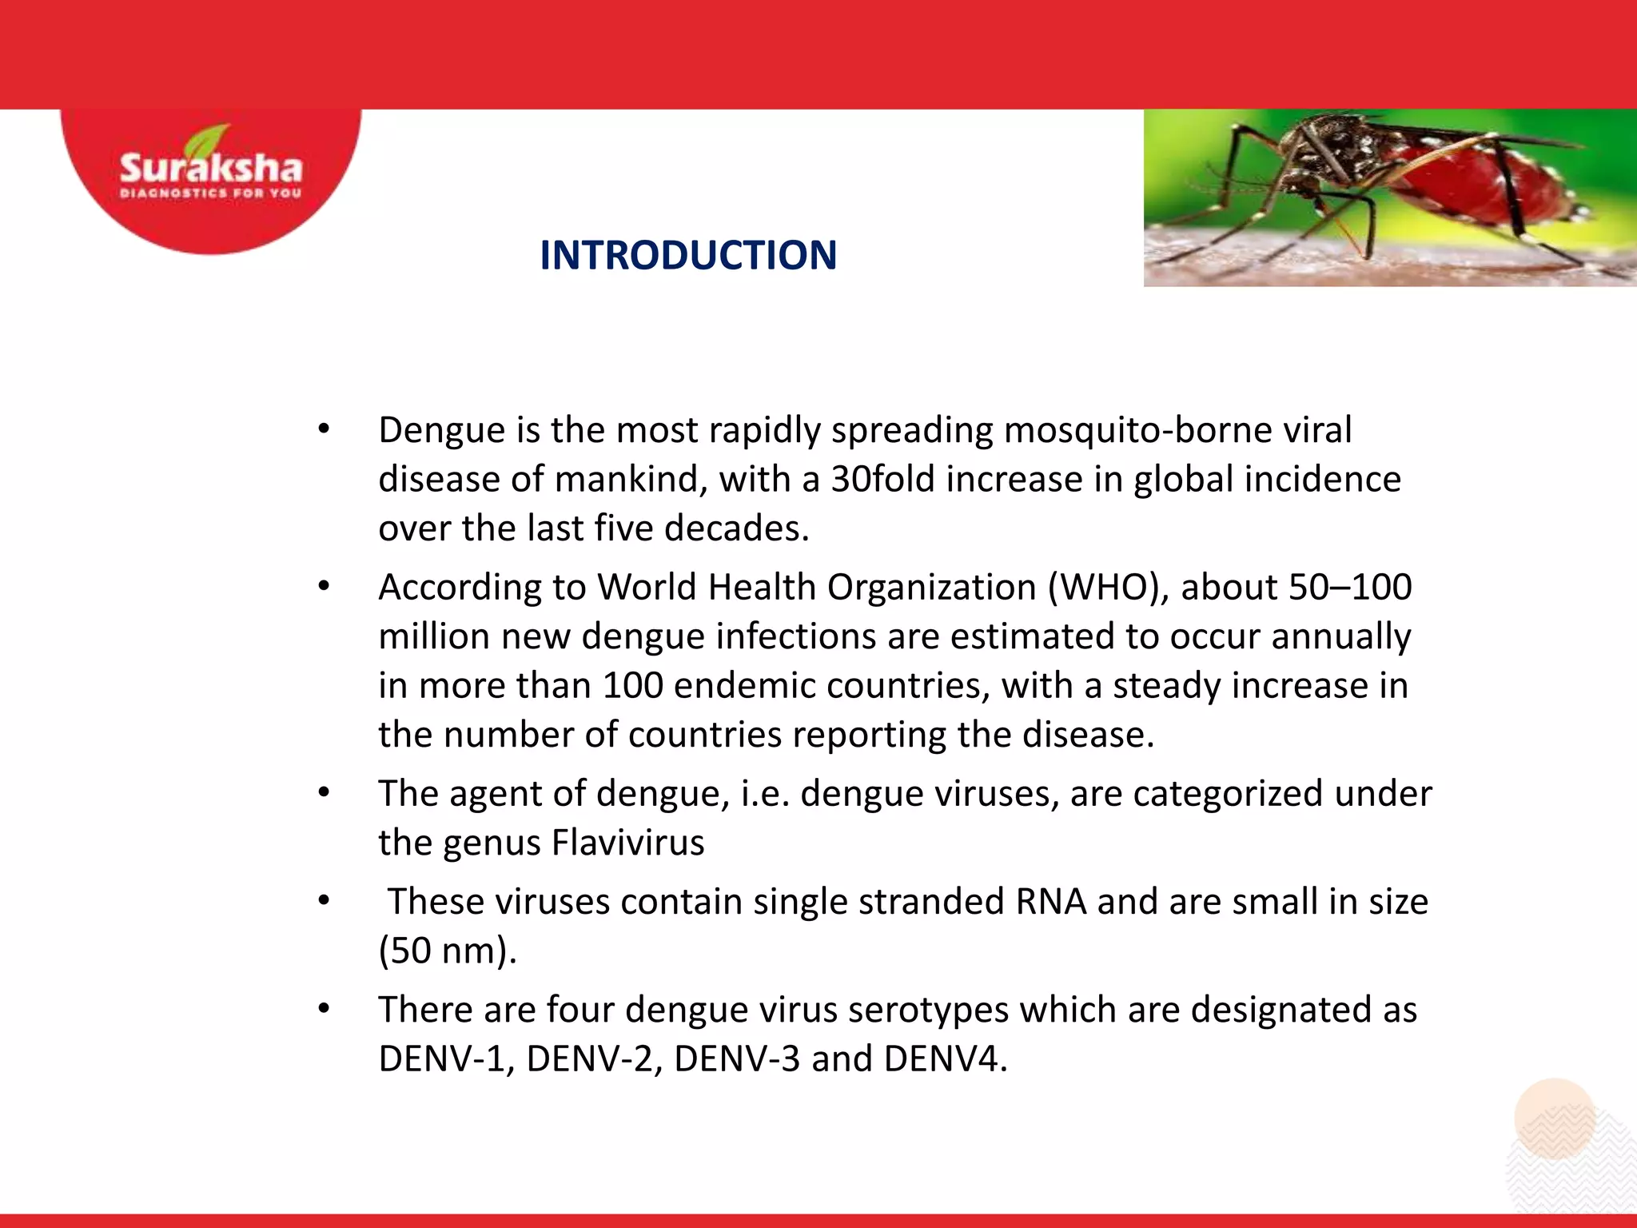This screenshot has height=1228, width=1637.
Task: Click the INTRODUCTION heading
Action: tap(688, 256)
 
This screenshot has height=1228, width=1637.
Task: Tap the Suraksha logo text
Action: tap(211, 169)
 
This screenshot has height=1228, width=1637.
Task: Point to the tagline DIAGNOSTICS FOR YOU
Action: tap(211, 193)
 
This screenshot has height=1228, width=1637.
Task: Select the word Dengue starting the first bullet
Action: tap(442, 430)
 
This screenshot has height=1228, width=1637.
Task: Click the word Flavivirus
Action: tap(628, 843)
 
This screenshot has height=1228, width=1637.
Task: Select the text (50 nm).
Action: tap(448, 951)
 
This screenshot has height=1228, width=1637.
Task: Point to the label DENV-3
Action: tap(736, 1059)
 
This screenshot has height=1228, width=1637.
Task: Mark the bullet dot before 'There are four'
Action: tap(324, 1010)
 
